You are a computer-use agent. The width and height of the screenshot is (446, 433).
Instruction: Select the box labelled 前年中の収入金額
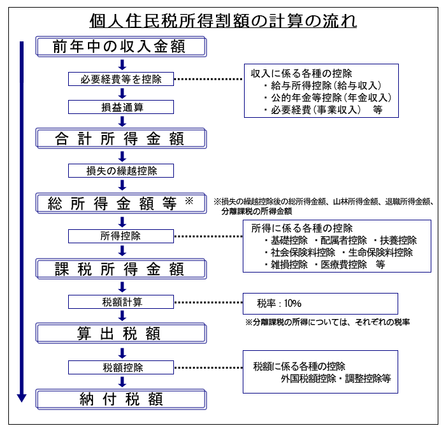pos(121,46)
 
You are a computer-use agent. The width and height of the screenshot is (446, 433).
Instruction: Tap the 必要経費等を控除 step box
pos(121,79)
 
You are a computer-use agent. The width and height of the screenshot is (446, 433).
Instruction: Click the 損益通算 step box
pos(121,107)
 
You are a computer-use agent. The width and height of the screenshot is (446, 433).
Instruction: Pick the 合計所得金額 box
pos(121,138)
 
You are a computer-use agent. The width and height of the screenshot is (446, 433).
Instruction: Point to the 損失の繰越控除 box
pos(121,171)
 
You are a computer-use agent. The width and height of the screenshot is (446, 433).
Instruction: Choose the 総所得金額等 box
pos(121,203)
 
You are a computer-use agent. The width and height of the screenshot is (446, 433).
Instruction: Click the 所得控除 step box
pos(121,236)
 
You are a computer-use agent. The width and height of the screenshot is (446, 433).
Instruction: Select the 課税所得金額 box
pos(121,269)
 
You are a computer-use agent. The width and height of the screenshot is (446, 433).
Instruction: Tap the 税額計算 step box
pos(121,302)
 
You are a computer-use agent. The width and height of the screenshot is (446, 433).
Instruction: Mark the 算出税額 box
pos(121,334)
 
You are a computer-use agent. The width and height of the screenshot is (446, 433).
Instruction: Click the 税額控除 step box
pos(121,367)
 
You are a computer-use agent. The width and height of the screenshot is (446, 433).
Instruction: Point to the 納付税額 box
pos(121,399)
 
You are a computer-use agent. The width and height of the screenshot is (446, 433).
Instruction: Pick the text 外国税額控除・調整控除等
pos(335,378)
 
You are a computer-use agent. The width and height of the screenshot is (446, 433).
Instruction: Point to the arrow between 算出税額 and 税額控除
pos(122,351)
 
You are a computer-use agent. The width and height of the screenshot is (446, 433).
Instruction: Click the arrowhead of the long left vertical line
pos(22,397)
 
